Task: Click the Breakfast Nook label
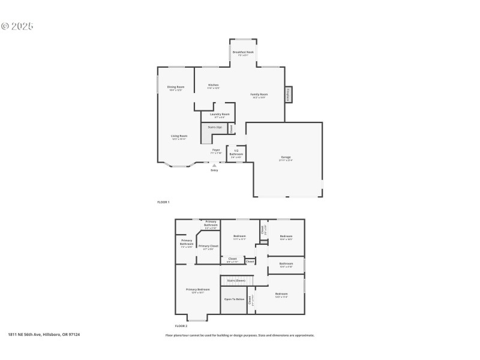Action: click(x=243, y=52)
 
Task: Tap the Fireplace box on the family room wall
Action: click(x=288, y=94)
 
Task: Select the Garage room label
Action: click(x=286, y=157)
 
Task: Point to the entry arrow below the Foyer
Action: click(x=214, y=165)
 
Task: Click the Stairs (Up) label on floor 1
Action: click(x=215, y=127)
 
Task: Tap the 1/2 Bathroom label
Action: click(x=236, y=152)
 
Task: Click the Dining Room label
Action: click(x=176, y=87)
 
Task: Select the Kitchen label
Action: click(x=214, y=85)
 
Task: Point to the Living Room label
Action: click(x=179, y=136)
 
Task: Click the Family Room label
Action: click(x=259, y=94)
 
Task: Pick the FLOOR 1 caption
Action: click(x=163, y=202)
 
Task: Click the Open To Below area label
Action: click(x=235, y=298)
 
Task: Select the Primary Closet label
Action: click(x=208, y=246)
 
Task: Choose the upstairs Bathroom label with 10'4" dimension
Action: click(x=286, y=263)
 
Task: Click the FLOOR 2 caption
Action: click(x=173, y=326)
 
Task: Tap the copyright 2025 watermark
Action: click(x=17, y=26)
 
